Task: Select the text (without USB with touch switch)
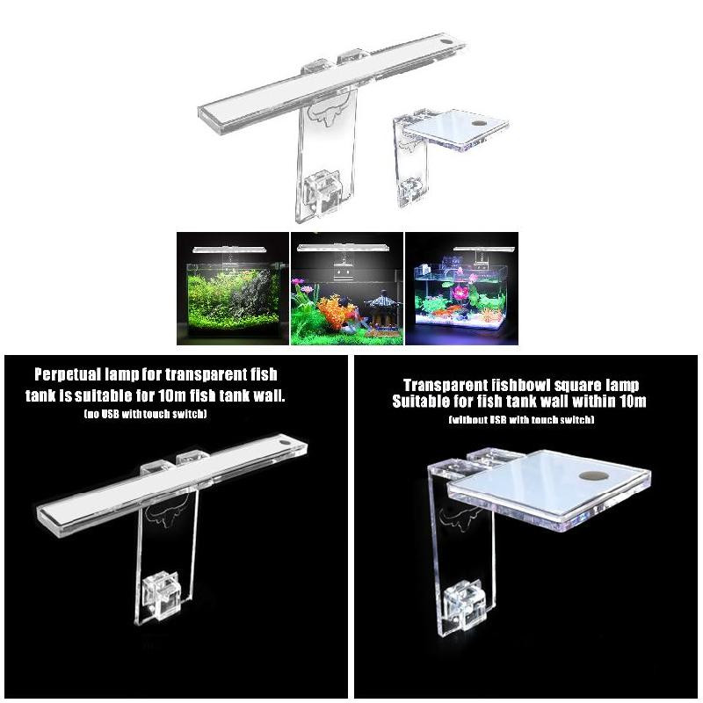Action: click(x=521, y=420)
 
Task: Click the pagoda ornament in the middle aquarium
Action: click(x=380, y=309)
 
